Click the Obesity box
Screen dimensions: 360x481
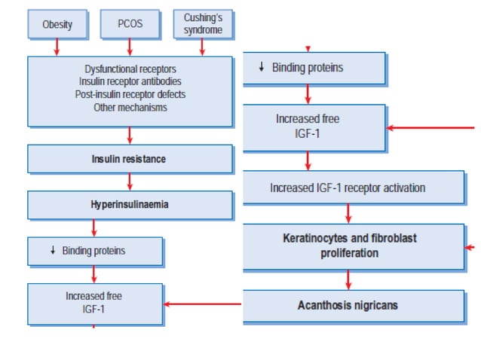[57, 24]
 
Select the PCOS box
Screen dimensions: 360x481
[130, 24]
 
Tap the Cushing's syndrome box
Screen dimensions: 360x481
[201, 24]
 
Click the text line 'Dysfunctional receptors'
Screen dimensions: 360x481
[130, 69]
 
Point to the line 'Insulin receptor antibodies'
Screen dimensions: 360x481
[130, 81]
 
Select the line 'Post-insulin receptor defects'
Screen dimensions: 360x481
[130, 94]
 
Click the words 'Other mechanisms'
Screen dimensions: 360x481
[130, 107]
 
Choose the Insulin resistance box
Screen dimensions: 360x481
[130, 159]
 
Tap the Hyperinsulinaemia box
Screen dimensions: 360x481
[130, 204]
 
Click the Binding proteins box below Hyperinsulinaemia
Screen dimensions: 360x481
[95, 251]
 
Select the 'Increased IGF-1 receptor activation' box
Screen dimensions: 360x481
[353, 188]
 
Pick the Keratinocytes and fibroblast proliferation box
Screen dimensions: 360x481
[353, 246]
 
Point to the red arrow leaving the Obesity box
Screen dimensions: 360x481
[57, 47]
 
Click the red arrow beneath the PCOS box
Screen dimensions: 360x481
[130, 47]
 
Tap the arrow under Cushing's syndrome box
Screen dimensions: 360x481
[201, 47]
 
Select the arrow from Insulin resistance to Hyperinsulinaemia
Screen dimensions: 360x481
[130, 182]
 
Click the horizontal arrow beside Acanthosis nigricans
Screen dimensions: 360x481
[202, 304]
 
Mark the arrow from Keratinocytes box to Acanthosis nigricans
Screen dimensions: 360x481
[348, 279]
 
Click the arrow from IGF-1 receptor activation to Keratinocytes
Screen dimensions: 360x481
[348, 214]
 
